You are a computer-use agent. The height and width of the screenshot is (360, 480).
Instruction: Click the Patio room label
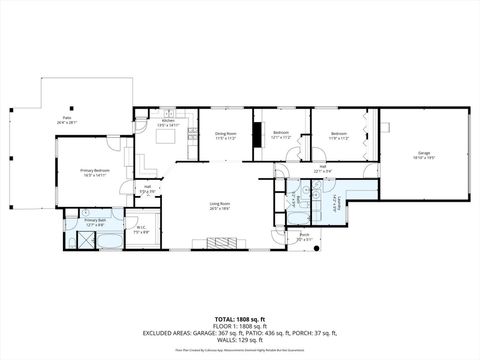click(x=67, y=120)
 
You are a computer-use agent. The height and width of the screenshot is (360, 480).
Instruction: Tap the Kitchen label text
click(x=167, y=124)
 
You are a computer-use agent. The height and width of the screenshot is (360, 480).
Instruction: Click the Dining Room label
click(x=225, y=135)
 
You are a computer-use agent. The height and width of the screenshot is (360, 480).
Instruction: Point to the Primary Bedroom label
click(x=95, y=173)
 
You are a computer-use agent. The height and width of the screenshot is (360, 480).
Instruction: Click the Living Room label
click(x=220, y=207)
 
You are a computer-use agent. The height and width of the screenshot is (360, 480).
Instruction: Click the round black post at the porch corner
click(x=317, y=250)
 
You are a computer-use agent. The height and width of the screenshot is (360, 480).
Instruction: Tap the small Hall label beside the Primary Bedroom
click(x=147, y=188)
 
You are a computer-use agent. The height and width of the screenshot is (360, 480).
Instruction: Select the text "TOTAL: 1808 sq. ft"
click(x=240, y=318)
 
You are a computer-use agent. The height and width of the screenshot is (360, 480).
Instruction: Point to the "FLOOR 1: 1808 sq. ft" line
click(x=240, y=326)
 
